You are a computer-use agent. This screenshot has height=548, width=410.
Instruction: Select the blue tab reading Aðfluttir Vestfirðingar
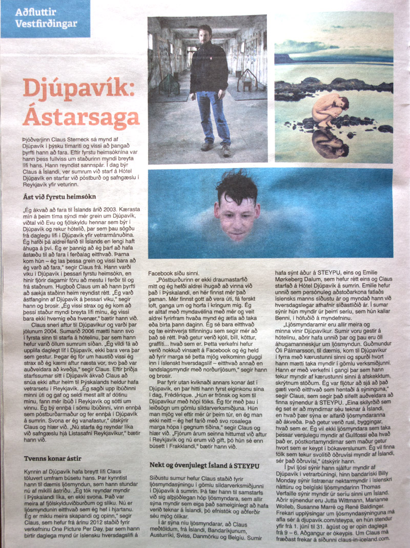pos(46,18)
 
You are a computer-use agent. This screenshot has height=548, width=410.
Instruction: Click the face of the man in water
pos(236,214)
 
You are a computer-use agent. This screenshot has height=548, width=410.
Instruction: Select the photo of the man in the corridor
pos(207,89)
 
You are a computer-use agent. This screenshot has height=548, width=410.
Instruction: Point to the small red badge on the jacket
pos(215,51)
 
